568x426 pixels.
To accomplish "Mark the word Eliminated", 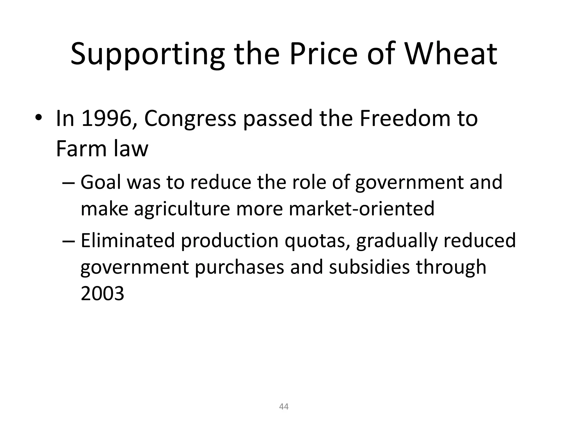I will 128,240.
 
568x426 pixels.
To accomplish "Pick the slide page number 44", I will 284,407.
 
